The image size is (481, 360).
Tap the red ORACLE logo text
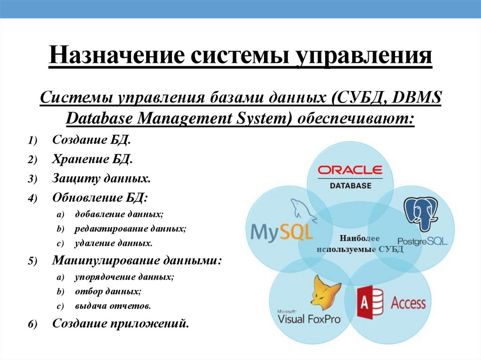click(x=350, y=170)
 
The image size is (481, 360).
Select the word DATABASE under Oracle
click(x=350, y=185)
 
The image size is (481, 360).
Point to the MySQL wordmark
click(x=282, y=232)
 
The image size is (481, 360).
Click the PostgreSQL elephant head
click(x=421, y=214)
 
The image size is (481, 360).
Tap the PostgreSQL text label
click(x=422, y=241)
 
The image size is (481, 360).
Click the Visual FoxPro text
click(x=309, y=319)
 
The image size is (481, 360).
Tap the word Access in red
click(x=408, y=303)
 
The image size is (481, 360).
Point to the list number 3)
click(x=32, y=179)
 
